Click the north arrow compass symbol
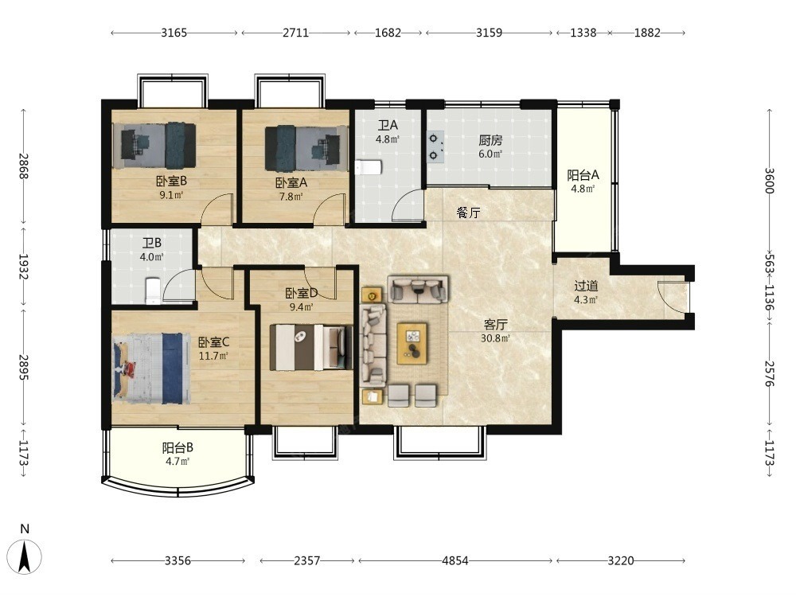click(25, 556)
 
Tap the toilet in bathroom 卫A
click(368, 167)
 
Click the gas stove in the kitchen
click(435, 146)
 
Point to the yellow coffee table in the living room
click(412, 342)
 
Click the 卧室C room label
click(213, 342)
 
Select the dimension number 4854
click(455, 560)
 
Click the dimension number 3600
click(769, 181)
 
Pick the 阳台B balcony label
click(178, 447)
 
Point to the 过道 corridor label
click(586, 286)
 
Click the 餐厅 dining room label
click(468, 213)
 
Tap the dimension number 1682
click(388, 33)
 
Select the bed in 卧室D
click(311, 347)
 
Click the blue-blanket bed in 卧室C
click(152, 368)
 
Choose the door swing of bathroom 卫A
click(408, 205)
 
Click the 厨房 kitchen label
click(490, 140)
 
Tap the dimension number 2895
click(23, 367)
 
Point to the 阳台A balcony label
click(583, 175)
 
